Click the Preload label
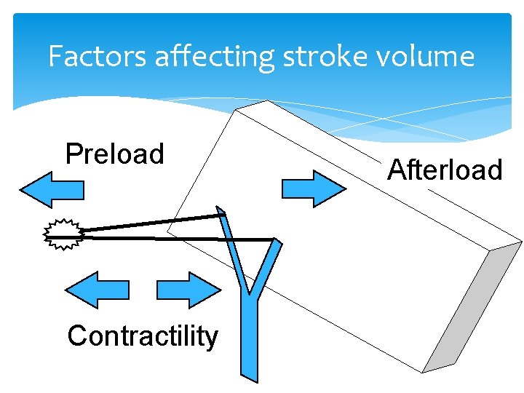114,154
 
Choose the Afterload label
445,170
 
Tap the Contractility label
143,336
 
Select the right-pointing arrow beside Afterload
313,188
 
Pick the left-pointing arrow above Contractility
97,290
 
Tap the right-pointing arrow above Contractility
188,290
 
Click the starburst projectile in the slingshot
63,234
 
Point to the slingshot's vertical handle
250,335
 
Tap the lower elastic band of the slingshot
175,237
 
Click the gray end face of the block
473,306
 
